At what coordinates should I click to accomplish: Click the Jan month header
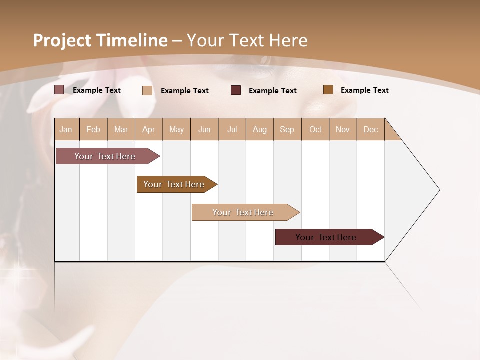66,129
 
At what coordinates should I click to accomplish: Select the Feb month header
93,129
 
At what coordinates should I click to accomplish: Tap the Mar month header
121,129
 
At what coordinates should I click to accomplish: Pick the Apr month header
149,129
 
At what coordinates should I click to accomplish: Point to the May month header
176,129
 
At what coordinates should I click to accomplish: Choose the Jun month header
204,129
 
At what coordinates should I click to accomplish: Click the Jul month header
232,129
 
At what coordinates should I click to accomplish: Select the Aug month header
260,129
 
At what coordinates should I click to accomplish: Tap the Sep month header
287,129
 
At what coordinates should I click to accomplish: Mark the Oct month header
315,129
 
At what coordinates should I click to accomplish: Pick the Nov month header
343,129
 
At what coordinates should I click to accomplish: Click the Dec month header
371,129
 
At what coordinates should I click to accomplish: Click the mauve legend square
59,90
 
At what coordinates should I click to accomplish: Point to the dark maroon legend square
236,90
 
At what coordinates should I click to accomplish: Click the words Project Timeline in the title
100,40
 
